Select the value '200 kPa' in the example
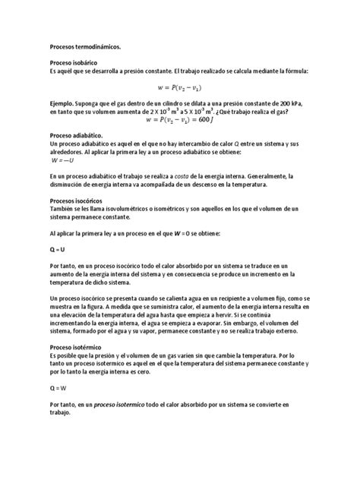292,103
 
